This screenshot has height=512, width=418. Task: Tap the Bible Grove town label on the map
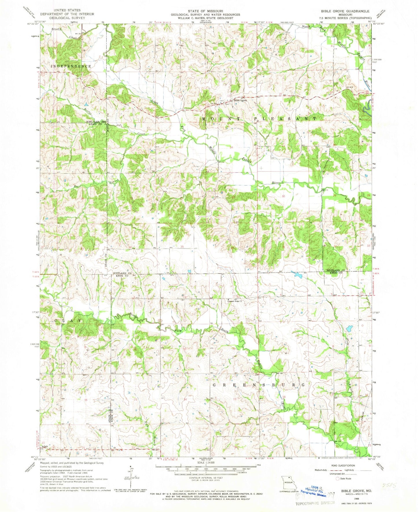(240, 101)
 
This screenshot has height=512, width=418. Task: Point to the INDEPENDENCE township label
(71, 66)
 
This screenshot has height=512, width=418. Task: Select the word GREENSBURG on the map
(259, 385)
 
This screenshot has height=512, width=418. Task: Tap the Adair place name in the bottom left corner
(45, 447)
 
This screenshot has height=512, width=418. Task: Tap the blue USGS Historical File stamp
(314, 491)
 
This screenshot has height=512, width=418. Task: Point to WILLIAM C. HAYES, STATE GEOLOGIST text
(205, 18)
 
